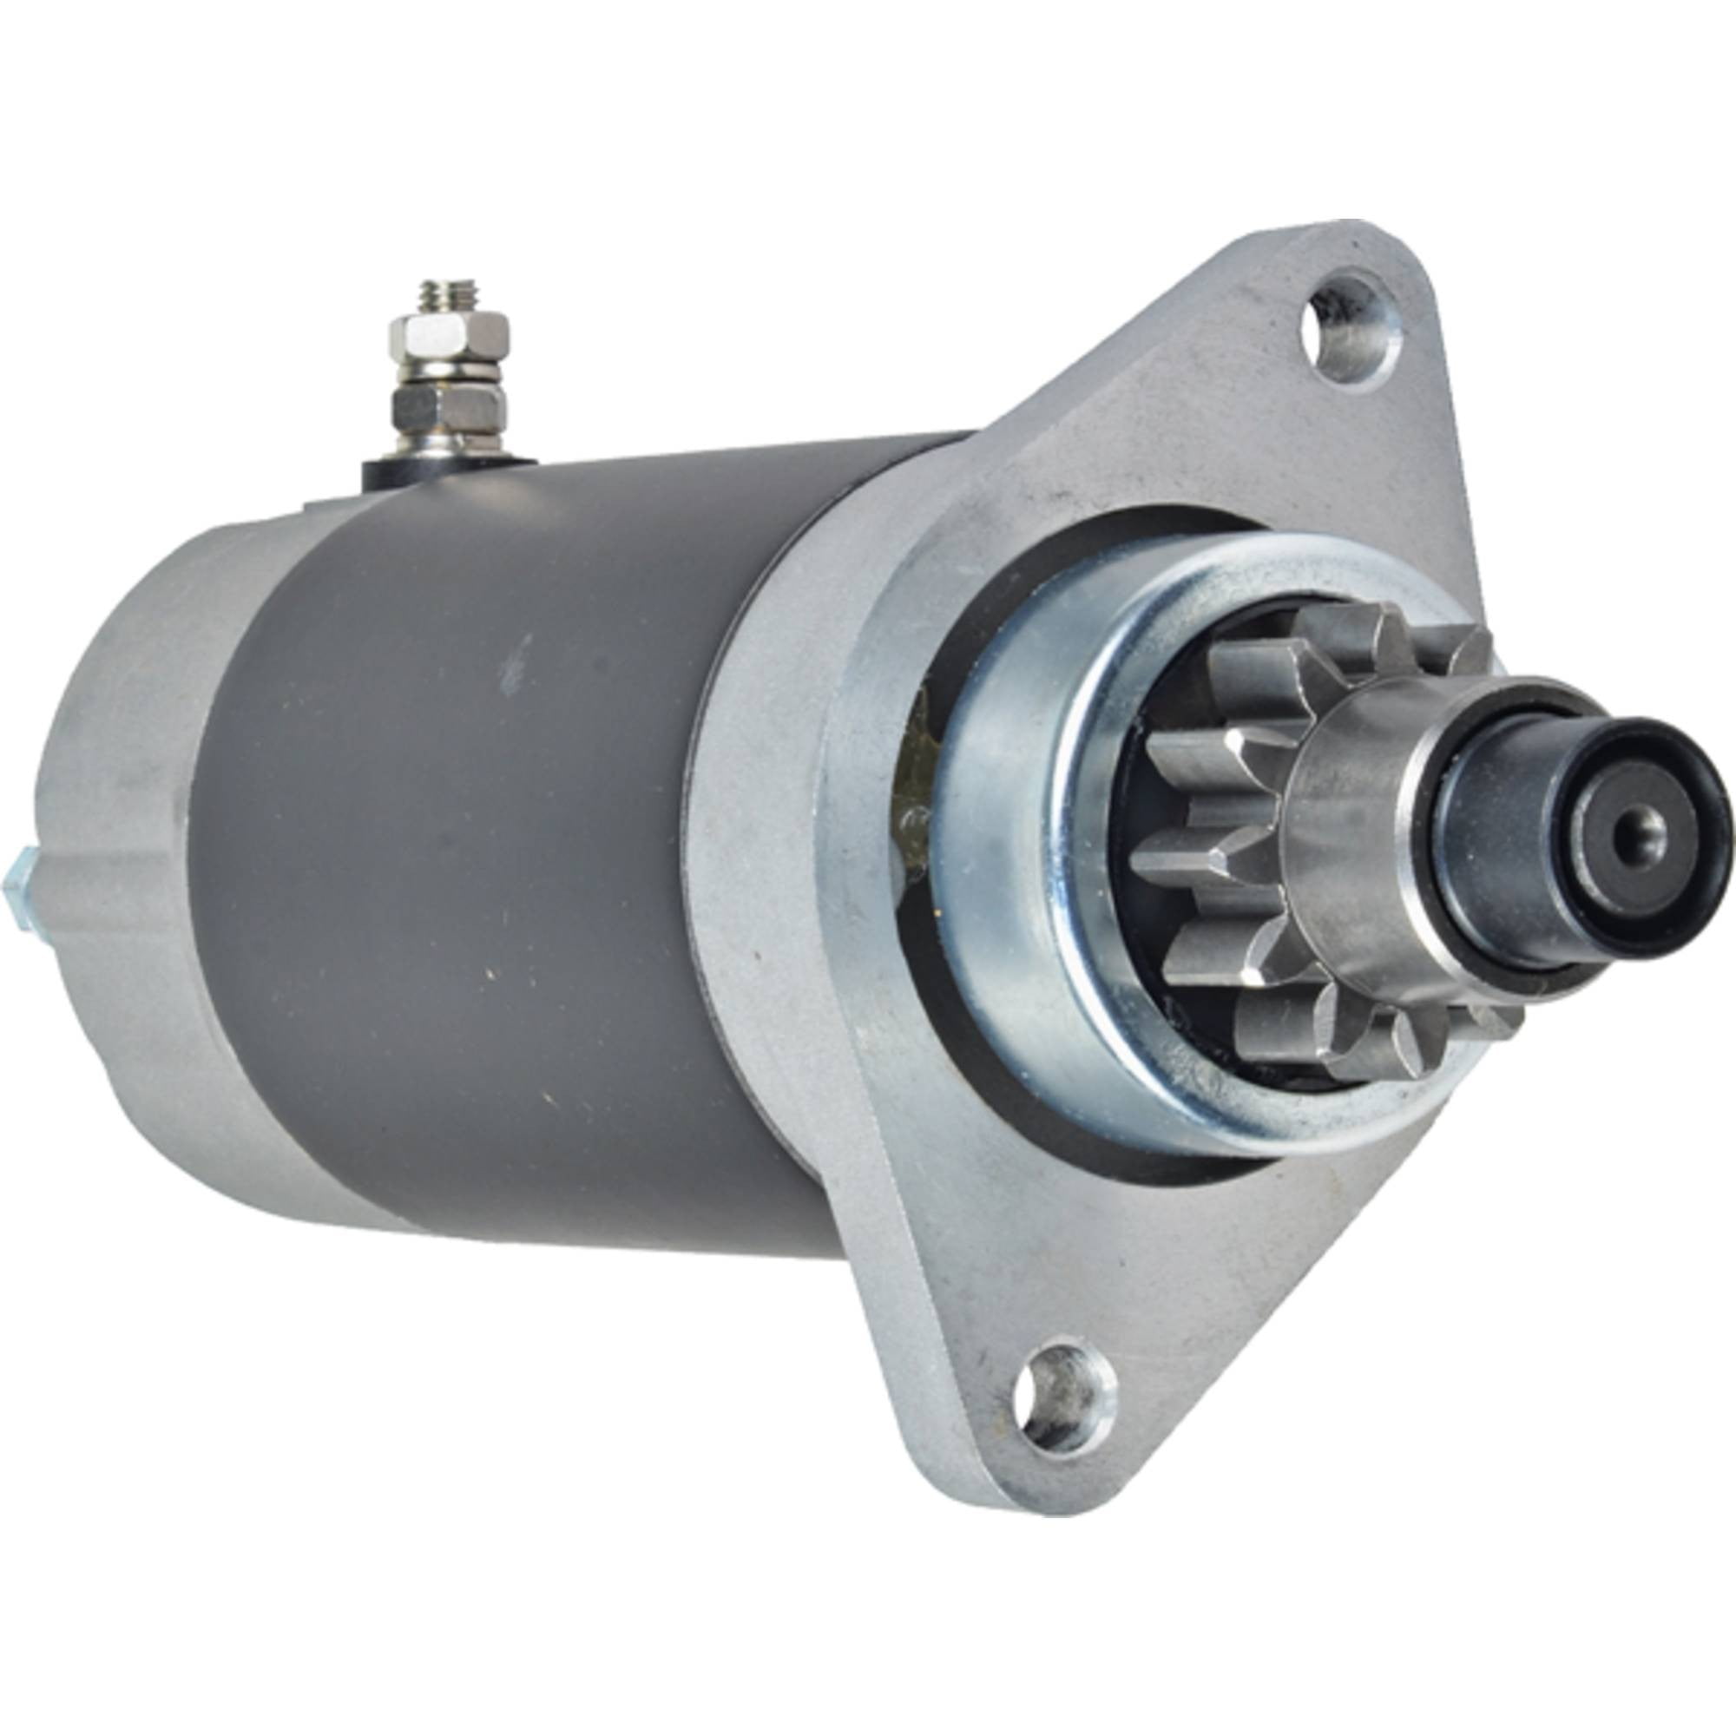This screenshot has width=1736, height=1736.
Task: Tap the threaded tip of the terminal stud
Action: tap(445, 296)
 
